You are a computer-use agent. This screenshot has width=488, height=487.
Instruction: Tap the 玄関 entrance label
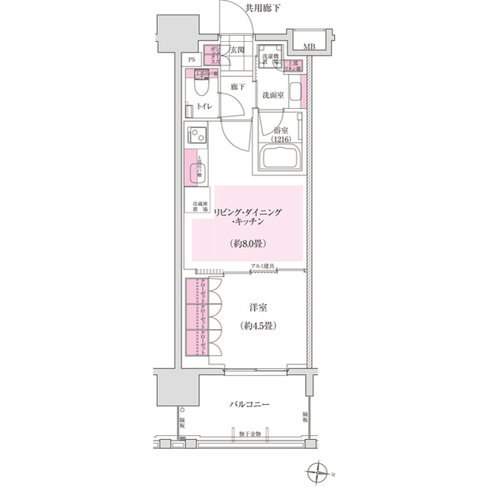pyautogui.click(x=237, y=50)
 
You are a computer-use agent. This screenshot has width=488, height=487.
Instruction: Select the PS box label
pyautogui.click(x=191, y=59)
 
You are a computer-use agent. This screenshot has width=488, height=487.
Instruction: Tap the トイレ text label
pyautogui.click(x=204, y=107)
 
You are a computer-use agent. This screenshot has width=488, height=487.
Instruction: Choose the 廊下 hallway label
pyautogui.click(x=237, y=87)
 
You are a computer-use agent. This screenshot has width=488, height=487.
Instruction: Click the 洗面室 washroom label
pyautogui.click(x=273, y=95)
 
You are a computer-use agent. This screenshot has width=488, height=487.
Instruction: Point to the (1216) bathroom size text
pyautogui.click(x=281, y=140)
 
